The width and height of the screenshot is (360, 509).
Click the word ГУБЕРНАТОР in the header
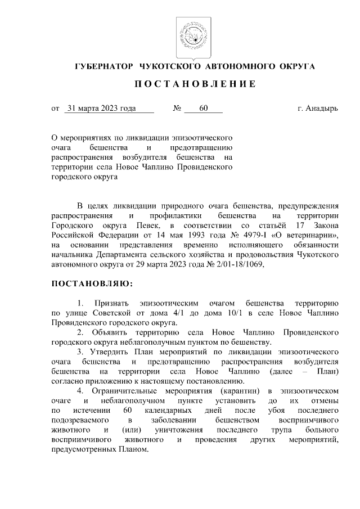pos(103,67)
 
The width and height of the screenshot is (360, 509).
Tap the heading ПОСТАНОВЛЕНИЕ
pos(195,84)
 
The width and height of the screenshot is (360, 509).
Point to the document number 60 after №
pos(203,108)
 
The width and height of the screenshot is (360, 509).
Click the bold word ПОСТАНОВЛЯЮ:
pos(93,282)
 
